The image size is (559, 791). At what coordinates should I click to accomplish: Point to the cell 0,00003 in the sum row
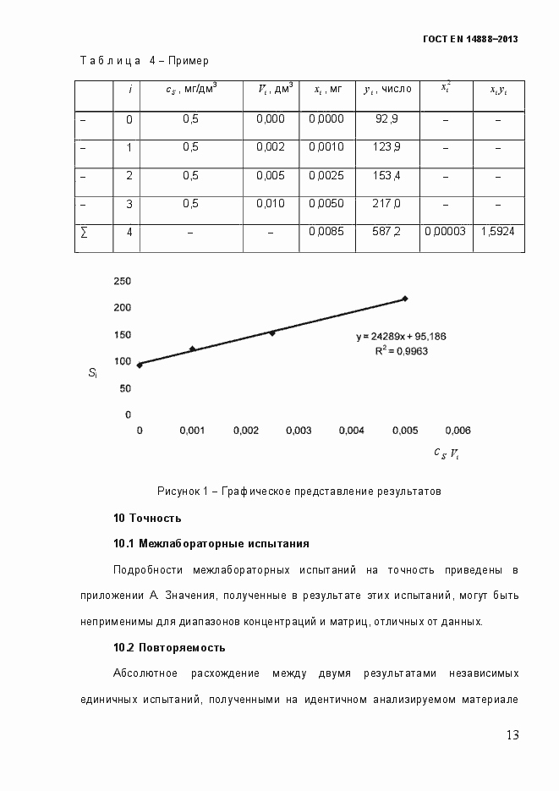pyautogui.click(x=445, y=231)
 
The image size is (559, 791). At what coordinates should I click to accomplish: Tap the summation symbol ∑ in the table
pyautogui.click(x=83, y=231)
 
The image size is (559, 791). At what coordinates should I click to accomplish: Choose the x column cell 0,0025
pyautogui.click(x=326, y=176)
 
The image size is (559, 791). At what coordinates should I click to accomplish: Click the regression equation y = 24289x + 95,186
pyautogui.click(x=400, y=336)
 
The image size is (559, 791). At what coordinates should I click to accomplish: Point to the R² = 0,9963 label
pyautogui.click(x=402, y=349)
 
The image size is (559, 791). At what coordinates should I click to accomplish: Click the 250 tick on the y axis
pyautogui.click(x=123, y=281)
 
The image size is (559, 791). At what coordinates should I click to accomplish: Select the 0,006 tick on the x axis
pyautogui.click(x=458, y=431)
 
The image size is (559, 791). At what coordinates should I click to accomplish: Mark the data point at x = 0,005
pyautogui.click(x=405, y=299)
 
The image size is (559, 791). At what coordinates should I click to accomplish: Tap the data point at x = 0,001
pyautogui.click(x=192, y=349)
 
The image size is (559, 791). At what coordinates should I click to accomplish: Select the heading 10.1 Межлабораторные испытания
pyautogui.click(x=211, y=543)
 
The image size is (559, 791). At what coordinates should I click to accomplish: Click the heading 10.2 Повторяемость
pyautogui.click(x=169, y=647)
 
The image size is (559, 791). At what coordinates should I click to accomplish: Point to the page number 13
pyautogui.click(x=512, y=734)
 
